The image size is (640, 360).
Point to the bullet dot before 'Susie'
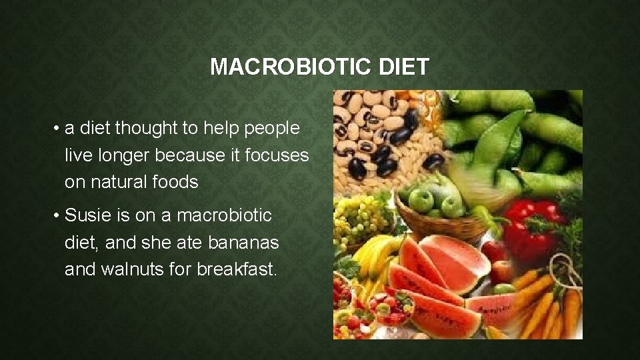pos(59,216)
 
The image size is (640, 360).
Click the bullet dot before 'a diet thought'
pos(59,128)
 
